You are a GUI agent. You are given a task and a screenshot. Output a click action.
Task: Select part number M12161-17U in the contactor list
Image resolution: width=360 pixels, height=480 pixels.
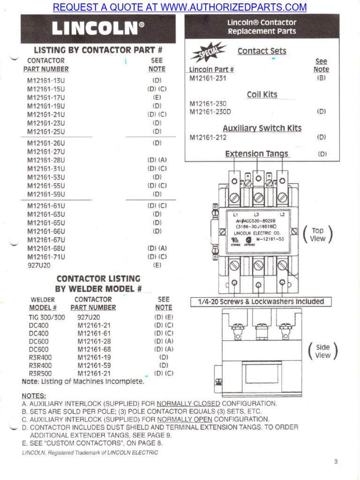(x=46, y=97)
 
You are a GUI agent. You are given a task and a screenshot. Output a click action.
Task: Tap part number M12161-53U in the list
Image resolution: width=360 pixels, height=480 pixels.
(x=46, y=177)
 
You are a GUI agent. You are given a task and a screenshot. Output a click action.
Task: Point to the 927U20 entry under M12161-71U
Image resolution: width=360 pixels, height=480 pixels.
(x=39, y=265)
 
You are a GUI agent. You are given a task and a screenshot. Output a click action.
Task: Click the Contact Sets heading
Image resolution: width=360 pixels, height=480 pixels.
(x=262, y=51)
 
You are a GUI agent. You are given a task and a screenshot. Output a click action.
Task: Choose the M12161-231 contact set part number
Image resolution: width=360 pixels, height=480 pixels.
(x=208, y=78)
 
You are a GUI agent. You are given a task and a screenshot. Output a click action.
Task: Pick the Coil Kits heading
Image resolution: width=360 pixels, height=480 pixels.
(x=262, y=95)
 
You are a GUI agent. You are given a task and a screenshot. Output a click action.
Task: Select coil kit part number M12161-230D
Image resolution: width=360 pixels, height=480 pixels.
(x=210, y=112)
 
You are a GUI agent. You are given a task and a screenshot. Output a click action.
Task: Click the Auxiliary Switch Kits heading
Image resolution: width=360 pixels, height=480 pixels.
(x=262, y=128)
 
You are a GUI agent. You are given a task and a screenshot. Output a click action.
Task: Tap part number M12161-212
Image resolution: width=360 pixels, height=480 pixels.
(x=208, y=137)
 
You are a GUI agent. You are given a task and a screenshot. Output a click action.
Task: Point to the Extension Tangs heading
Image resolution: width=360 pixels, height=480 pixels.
(x=257, y=154)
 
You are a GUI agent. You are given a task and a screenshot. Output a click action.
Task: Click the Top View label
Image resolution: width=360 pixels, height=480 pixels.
(x=317, y=234)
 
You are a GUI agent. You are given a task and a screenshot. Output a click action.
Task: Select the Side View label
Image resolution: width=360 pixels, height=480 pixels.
(x=322, y=351)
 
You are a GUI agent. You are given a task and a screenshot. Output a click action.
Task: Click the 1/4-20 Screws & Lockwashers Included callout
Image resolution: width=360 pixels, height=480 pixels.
(x=261, y=302)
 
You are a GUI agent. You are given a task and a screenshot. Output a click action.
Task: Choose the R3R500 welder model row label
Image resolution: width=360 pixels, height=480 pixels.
(x=40, y=374)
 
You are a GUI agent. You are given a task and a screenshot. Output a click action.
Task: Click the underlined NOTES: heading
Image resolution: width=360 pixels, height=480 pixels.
(x=34, y=396)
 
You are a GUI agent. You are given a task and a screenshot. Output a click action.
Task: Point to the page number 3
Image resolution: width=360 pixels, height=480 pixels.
(x=336, y=462)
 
